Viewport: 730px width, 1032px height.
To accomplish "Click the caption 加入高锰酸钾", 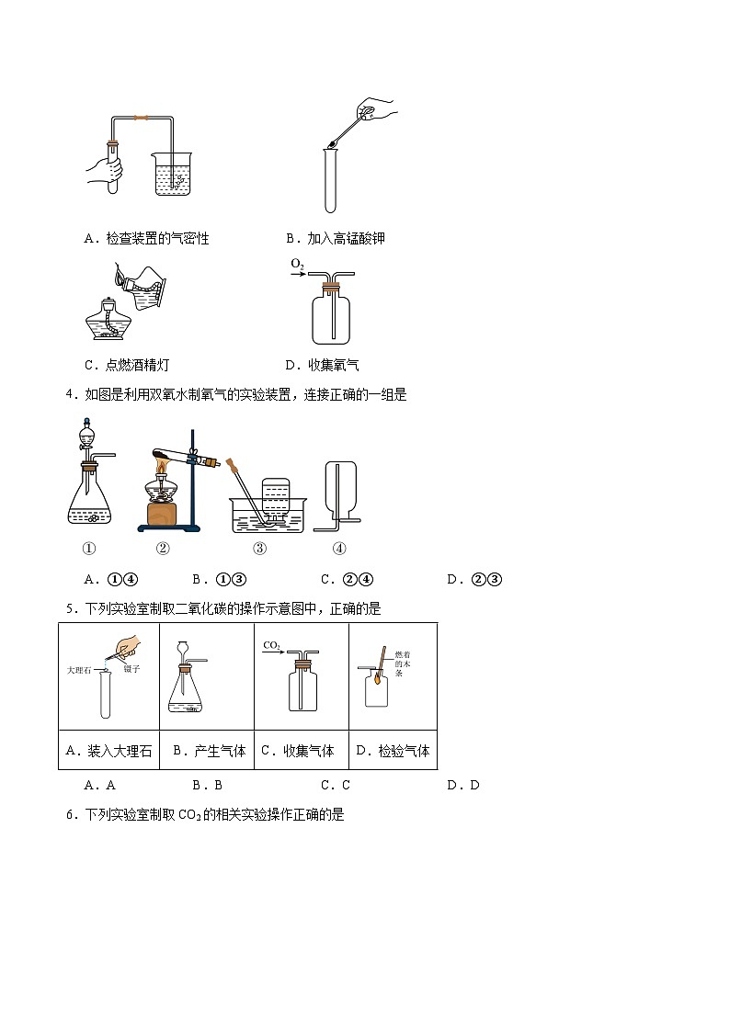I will click(336, 239).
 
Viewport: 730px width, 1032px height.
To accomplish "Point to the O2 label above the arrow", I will click(297, 265).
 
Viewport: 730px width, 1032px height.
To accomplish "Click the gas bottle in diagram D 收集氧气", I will click(331, 314).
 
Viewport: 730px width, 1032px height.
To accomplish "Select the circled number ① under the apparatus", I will click(89, 549).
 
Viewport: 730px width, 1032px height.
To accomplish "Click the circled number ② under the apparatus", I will click(163, 549).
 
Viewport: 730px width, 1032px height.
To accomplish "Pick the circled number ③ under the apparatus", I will click(260, 549).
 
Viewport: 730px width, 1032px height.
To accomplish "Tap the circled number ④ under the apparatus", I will click(339, 549).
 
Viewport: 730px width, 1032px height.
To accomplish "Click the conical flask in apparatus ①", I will click(90, 501).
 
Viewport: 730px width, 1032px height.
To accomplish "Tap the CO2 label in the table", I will click(272, 646).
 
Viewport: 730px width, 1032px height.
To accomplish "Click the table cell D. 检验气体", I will click(393, 751).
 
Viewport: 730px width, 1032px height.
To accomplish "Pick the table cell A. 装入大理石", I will click(108, 751).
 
